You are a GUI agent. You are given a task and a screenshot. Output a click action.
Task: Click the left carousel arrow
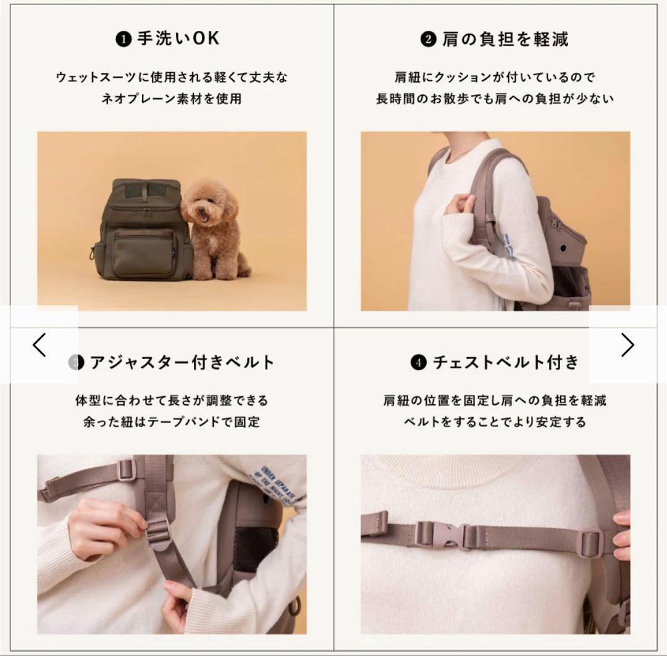(x=40, y=345)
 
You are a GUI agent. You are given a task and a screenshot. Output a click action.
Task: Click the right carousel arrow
(x=627, y=345)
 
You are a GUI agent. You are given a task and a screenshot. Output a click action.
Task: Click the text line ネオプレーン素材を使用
(x=172, y=98)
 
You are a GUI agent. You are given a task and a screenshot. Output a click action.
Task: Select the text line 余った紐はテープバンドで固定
(x=172, y=422)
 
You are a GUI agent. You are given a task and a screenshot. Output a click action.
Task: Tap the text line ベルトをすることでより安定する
(x=495, y=422)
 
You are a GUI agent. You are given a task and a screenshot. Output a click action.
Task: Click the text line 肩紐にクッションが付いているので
(x=495, y=78)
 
